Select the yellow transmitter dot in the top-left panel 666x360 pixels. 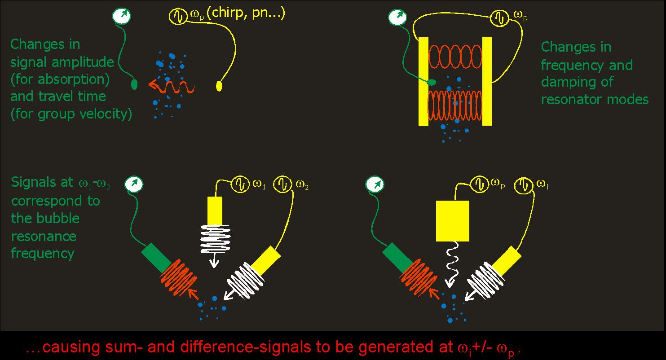[219, 85]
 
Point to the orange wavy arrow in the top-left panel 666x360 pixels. [171, 85]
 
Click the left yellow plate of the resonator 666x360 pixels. [423, 81]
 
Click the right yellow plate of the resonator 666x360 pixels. [487, 81]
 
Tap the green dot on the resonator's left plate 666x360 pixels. [431, 82]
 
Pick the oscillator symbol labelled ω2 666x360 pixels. [284, 184]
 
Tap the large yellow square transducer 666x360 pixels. [452, 220]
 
